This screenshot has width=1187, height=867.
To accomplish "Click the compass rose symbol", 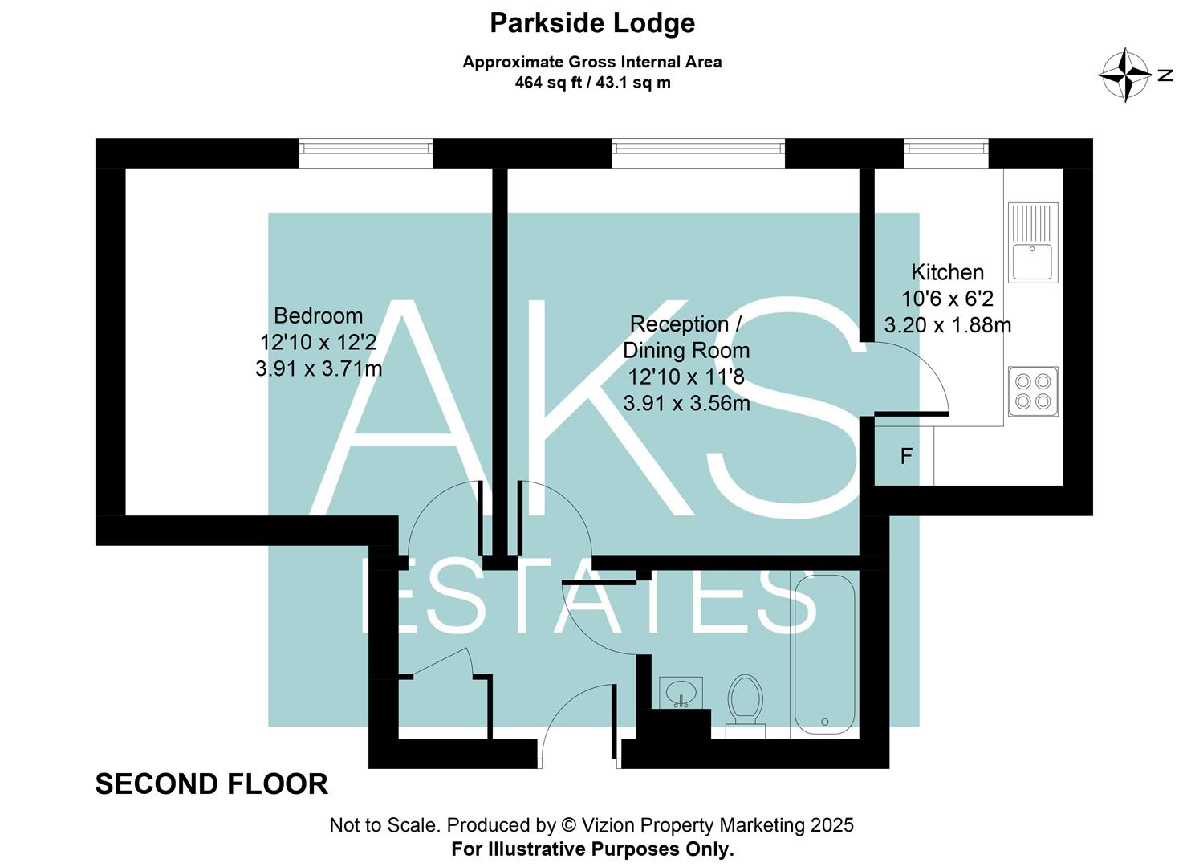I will pos(1125,75).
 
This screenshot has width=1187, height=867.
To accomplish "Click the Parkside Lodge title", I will pos(592,23).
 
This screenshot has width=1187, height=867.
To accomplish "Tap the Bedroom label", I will pos(318,315).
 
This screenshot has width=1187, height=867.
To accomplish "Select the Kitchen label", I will pos(947,272).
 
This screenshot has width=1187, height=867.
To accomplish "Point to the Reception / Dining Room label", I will pos(686,336).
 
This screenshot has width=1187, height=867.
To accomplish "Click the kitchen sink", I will pos(1033,242).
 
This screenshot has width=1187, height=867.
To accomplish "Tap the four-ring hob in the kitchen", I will pos(1033,391).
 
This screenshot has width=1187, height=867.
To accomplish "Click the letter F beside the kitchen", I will pos(906,457).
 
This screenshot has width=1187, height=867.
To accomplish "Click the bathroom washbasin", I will pos(681,692).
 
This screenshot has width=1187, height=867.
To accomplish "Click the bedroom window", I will pos(366,153).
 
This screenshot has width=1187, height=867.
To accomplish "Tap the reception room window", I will pos(697,153).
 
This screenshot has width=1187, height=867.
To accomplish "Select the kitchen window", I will pos(946,153).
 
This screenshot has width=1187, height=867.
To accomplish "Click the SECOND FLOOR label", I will pos(212,784).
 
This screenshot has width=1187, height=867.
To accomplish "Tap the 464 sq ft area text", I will pos(592,83).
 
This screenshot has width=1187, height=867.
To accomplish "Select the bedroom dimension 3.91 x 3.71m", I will pos(319,369).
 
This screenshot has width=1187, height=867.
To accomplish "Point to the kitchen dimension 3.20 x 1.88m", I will pos(947,325).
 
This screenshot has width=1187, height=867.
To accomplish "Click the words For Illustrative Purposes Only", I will pos(592,849).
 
